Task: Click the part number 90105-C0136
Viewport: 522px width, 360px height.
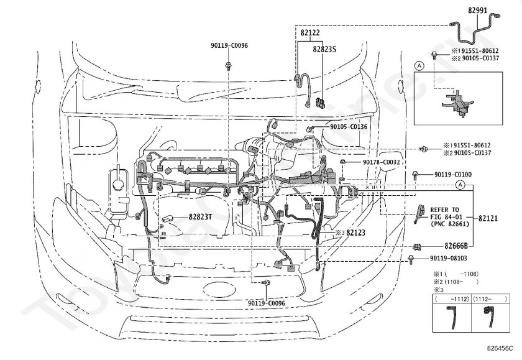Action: (x=349, y=127)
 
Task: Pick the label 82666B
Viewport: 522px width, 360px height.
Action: (x=456, y=246)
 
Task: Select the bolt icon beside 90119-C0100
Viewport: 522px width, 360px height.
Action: (x=416, y=177)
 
